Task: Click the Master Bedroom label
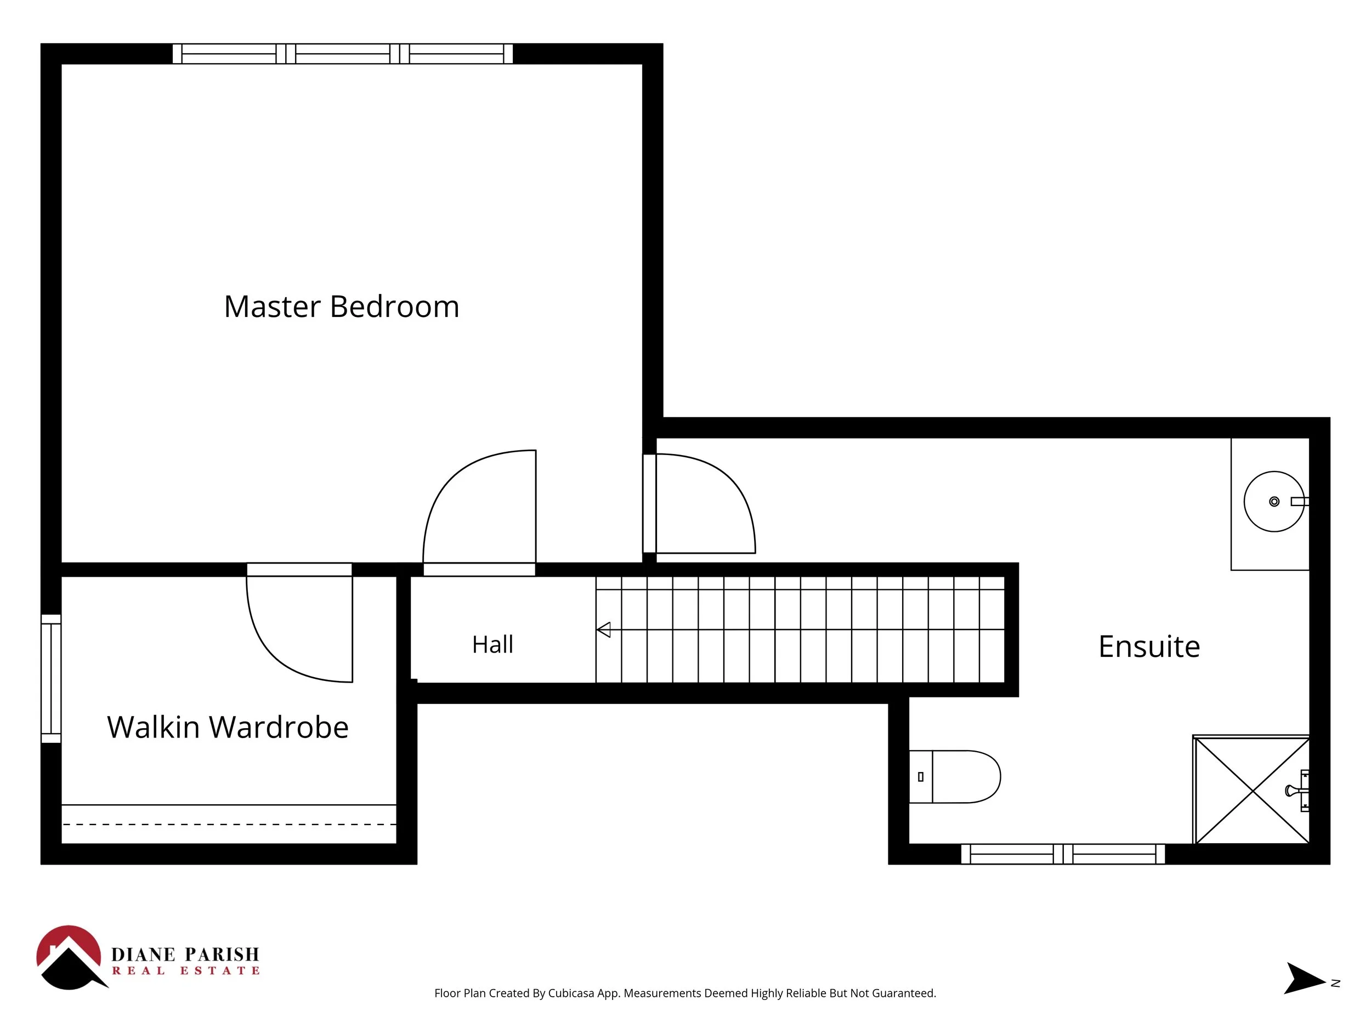pos(342,306)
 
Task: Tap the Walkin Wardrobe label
pos(228,727)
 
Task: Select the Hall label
pos(493,644)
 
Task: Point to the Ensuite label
pos(1149,646)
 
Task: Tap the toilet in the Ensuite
pos(955,776)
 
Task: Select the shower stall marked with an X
pos(1251,790)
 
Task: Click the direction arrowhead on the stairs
pos(604,629)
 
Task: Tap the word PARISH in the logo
pos(222,955)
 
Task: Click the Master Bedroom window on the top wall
pos(343,54)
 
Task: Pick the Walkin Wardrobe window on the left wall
pos(51,679)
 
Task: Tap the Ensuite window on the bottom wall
pos(1063,854)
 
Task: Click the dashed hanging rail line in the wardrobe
pos(229,825)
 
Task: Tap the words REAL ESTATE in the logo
pos(186,971)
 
